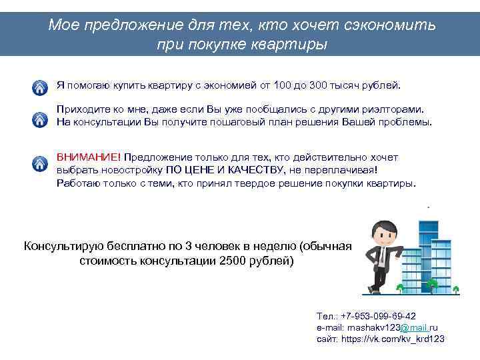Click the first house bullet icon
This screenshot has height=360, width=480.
click(x=41, y=88)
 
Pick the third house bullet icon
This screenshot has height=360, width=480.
click(x=41, y=163)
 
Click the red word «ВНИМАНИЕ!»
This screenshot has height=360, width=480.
click(x=89, y=157)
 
